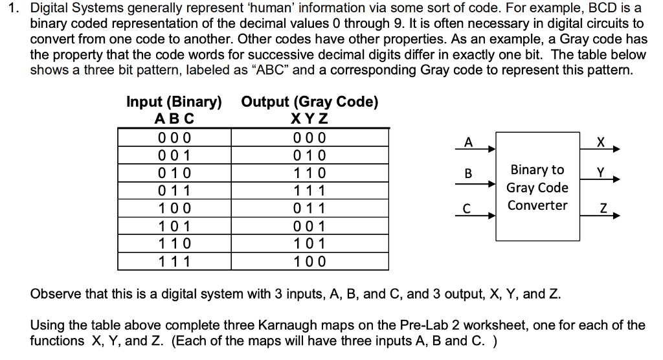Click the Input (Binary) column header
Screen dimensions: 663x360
[174, 102]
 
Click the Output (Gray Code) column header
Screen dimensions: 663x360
[309, 102]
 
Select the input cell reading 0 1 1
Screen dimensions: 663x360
[175, 191]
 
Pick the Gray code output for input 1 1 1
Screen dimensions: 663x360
[310, 262]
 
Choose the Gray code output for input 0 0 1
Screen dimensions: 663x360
[310, 156]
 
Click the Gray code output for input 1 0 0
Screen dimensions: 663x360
[310, 208]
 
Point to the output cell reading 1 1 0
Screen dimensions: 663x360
[310, 174]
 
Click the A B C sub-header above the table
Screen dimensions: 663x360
[175, 119]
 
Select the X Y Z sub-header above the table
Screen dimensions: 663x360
[310, 119]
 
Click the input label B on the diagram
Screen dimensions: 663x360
[469, 174]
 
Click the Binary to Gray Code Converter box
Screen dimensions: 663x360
[537, 188]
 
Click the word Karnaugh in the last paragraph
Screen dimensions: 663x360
[237, 325]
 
